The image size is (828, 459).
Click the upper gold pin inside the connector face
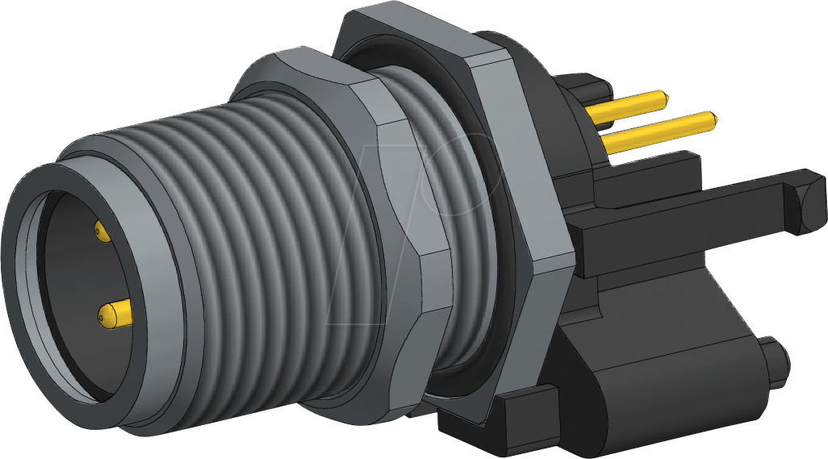click(x=102, y=232)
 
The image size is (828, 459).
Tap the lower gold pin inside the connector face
click(x=116, y=311)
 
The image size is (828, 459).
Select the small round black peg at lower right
click(x=776, y=363)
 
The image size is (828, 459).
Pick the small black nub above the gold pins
click(x=581, y=84)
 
